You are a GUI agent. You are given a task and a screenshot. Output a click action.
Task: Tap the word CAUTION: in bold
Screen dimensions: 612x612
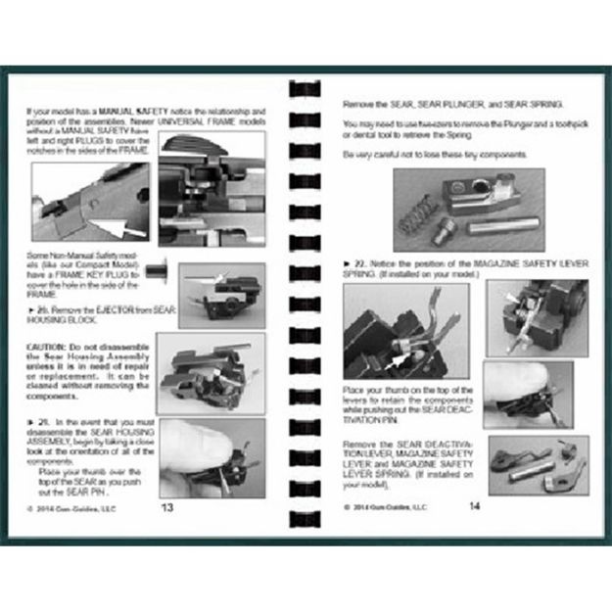[x=49, y=348]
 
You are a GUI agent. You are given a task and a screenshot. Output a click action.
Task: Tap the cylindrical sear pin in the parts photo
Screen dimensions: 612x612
[x=499, y=226]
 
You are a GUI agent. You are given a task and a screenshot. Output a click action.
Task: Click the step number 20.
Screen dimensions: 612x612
[x=45, y=308]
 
